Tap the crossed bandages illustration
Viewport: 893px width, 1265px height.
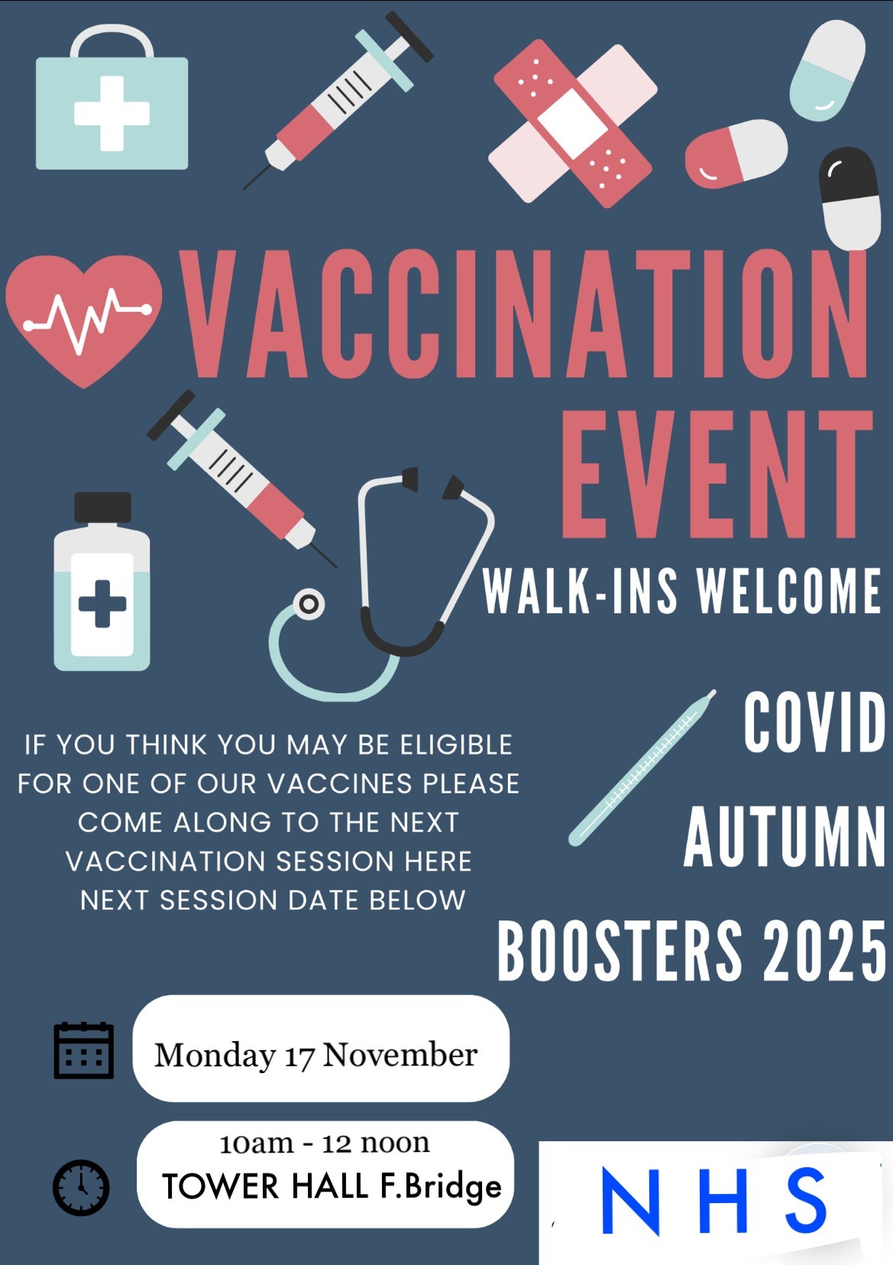[573, 123]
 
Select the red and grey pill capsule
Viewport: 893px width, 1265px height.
[736, 154]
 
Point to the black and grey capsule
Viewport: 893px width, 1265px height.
[849, 198]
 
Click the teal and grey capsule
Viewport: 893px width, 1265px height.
[827, 70]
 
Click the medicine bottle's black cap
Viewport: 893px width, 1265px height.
[102, 508]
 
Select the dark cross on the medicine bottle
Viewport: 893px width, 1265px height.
[102, 604]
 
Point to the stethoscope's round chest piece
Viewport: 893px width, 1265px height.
[308, 605]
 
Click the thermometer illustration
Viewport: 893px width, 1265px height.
[642, 767]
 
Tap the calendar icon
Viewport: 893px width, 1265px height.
[83, 1051]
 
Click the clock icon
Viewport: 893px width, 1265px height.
[81, 1188]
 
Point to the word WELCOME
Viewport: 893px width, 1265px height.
[789, 591]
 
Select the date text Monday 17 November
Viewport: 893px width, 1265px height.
[316, 1055]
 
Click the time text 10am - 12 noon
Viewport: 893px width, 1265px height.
[325, 1143]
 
